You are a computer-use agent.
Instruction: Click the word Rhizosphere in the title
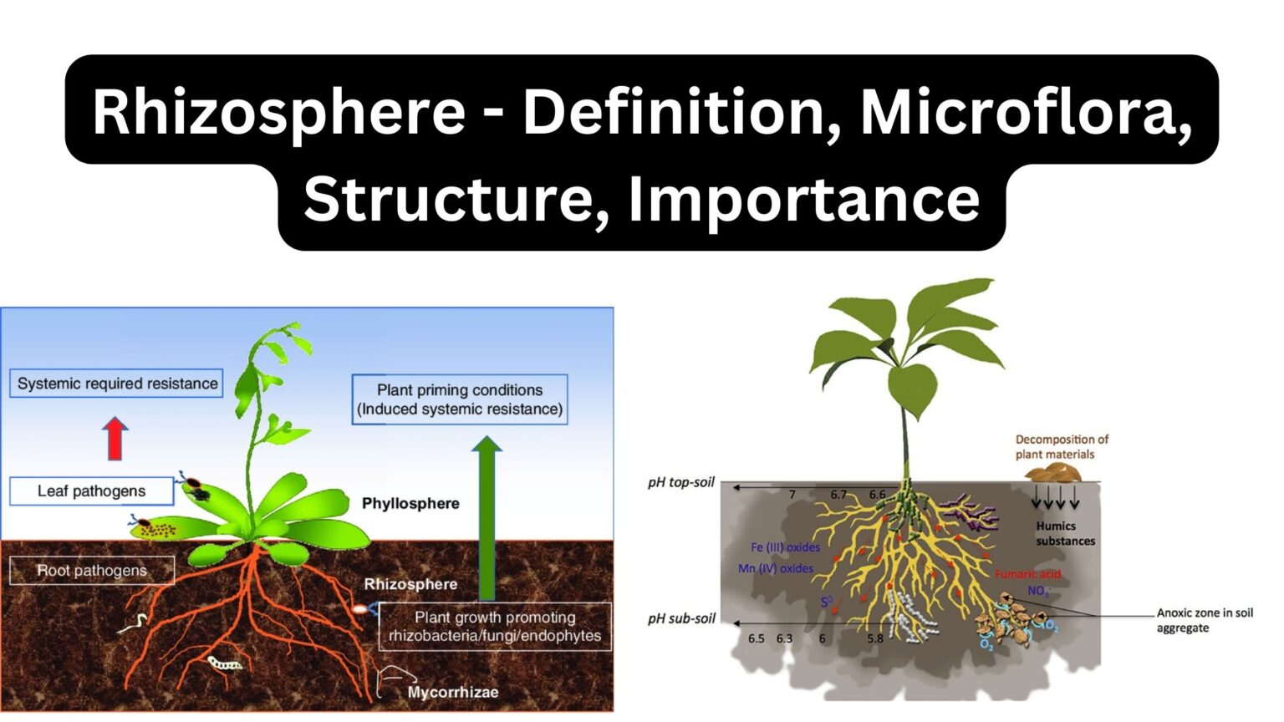(x=278, y=113)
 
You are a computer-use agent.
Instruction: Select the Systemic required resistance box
(x=117, y=384)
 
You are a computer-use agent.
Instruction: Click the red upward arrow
(x=115, y=439)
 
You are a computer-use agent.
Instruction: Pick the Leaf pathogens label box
(x=91, y=491)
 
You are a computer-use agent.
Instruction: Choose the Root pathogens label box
(x=92, y=571)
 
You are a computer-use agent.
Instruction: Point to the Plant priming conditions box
(x=460, y=399)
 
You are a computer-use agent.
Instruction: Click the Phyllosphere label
(x=410, y=504)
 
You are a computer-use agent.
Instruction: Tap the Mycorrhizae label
(x=452, y=693)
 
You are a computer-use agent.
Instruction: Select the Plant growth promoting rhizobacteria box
(x=495, y=627)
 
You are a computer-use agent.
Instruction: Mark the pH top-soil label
(x=680, y=483)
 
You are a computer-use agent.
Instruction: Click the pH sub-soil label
(x=681, y=619)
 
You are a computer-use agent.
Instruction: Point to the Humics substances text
(x=1064, y=534)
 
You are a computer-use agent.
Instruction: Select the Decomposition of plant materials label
(x=1061, y=447)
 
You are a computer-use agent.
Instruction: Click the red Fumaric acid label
(x=1027, y=574)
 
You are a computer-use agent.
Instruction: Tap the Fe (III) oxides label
(x=785, y=547)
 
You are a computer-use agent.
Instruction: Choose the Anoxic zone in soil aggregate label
(x=1204, y=620)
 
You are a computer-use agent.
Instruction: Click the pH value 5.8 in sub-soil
(x=874, y=638)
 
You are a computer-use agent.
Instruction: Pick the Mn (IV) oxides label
(x=775, y=568)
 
